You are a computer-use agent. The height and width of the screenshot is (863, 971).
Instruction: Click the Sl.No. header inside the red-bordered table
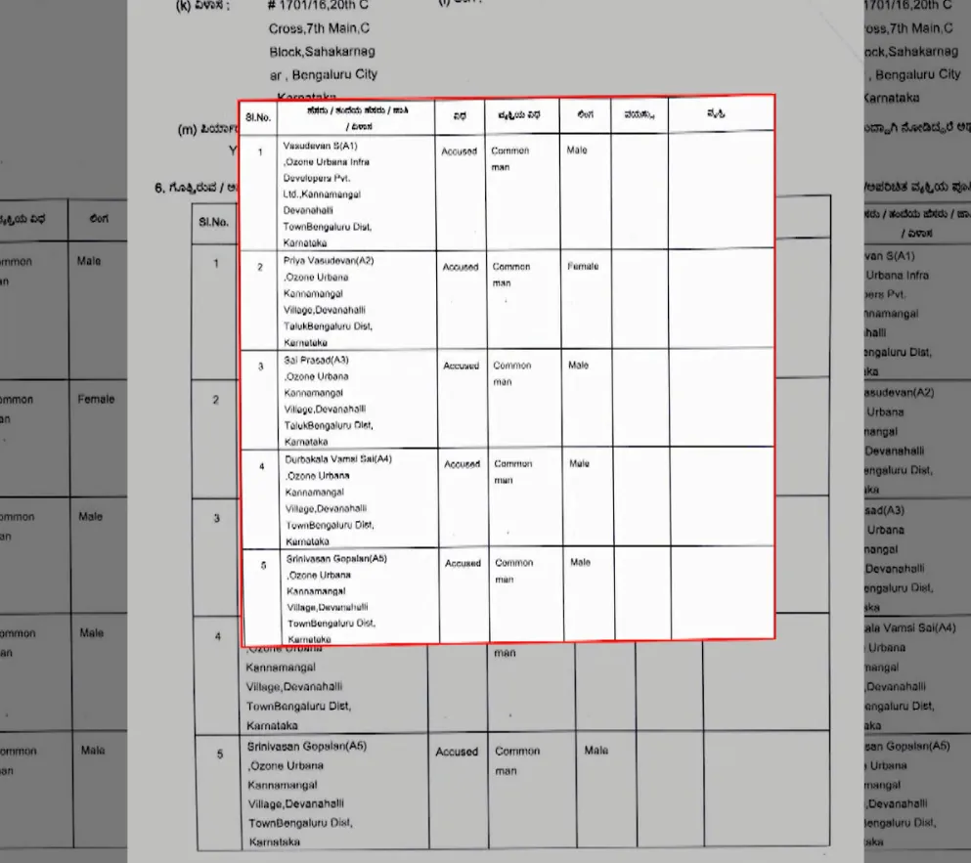point(258,117)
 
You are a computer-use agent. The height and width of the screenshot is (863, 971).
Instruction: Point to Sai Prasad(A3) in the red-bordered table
point(316,360)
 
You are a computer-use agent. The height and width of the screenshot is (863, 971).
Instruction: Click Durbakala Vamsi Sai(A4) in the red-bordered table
point(338,458)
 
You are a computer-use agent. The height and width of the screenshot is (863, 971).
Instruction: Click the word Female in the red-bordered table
point(583,266)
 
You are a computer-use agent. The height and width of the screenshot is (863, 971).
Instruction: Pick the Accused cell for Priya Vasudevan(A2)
point(461,267)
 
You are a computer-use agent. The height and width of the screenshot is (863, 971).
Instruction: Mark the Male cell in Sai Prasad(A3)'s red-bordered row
point(579,366)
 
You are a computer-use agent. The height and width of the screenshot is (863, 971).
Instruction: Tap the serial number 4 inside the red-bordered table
point(261,466)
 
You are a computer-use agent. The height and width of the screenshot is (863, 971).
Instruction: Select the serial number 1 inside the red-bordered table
point(260,152)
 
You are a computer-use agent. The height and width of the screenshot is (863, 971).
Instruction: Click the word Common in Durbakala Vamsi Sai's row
point(513,464)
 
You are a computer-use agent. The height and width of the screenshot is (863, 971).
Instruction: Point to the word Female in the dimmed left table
point(96,399)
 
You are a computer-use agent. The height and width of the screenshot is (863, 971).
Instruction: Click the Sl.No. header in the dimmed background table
point(213,222)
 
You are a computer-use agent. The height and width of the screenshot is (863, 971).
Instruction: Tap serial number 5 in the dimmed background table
point(220,754)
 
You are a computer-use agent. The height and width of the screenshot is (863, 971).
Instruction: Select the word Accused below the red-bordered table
point(457,752)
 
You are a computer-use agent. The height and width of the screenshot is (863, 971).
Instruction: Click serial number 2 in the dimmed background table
point(217,400)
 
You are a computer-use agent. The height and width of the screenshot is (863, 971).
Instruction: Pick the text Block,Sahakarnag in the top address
point(322,51)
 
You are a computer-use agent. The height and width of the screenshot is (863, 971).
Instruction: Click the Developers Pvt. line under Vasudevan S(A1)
point(316,180)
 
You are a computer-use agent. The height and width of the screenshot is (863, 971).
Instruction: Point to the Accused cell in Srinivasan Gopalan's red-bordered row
point(463,564)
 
